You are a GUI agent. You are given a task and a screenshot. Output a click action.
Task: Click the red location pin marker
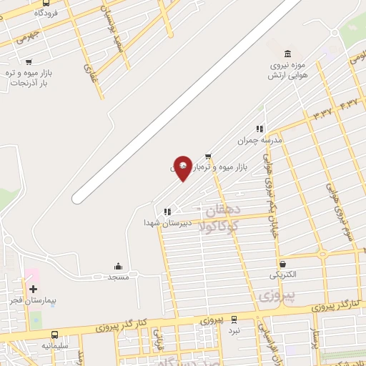(x=183, y=167)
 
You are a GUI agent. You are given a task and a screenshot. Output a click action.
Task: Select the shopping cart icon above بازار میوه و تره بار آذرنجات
(x=28, y=62)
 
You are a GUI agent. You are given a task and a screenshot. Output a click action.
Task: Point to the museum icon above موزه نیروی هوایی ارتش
(x=287, y=54)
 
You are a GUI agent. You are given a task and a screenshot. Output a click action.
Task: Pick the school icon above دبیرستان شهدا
(x=167, y=212)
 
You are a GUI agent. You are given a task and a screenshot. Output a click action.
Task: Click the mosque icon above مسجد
(x=117, y=266)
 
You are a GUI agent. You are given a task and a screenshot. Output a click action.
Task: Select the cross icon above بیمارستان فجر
(x=33, y=289)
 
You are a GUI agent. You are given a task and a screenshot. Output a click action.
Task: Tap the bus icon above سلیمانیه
(x=55, y=334)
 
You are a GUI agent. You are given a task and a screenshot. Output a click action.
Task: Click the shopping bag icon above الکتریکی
(x=283, y=264)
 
